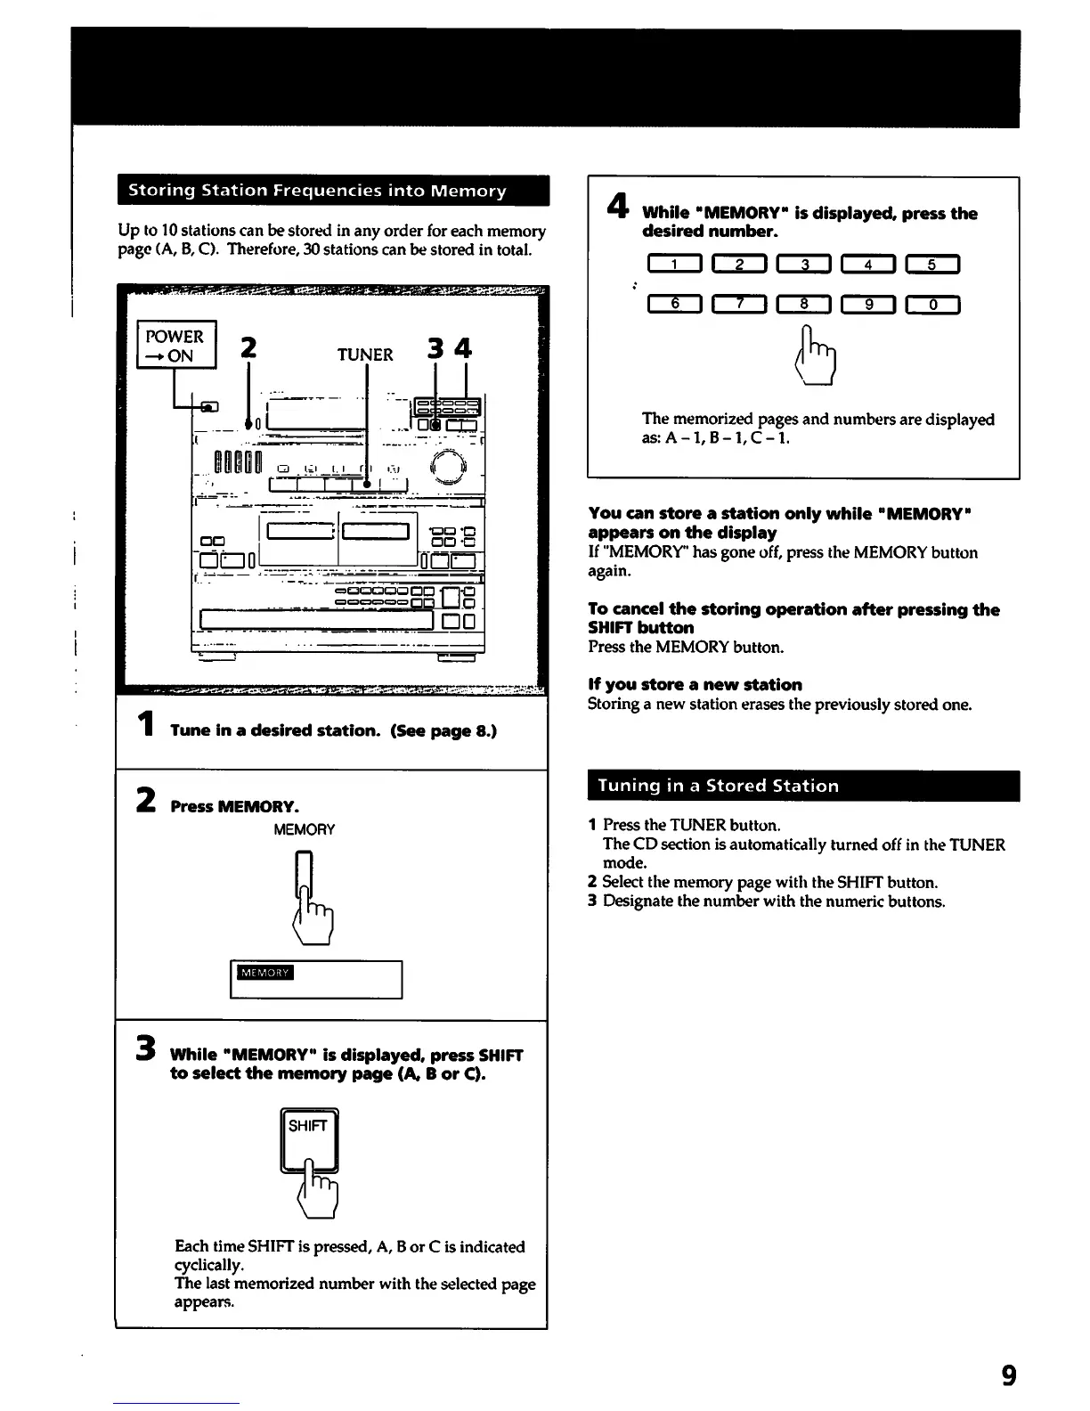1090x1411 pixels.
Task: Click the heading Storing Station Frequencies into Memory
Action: (317, 191)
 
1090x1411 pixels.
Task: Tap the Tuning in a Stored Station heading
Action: (718, 786)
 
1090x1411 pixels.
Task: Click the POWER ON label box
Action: (175, 346)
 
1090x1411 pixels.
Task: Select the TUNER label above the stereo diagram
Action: (365, 355)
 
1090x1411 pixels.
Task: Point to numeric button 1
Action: (675, 264)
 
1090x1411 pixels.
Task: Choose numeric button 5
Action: (931, 264)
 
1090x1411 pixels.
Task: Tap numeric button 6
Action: (675, 305)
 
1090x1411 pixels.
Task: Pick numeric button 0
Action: (931, 305)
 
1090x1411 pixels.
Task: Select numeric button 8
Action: (803, 305)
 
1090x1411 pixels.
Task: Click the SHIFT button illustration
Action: (309, 1139)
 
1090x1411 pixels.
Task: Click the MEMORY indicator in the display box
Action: (264, 972)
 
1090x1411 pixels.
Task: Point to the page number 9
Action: (1008, 1376)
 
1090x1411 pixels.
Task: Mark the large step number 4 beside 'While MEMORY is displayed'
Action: (614, 207)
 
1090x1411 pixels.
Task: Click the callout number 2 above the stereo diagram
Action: (248, 347)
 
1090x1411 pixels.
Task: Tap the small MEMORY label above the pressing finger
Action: (304, 830)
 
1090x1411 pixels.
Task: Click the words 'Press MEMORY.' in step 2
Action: (234, 806)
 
